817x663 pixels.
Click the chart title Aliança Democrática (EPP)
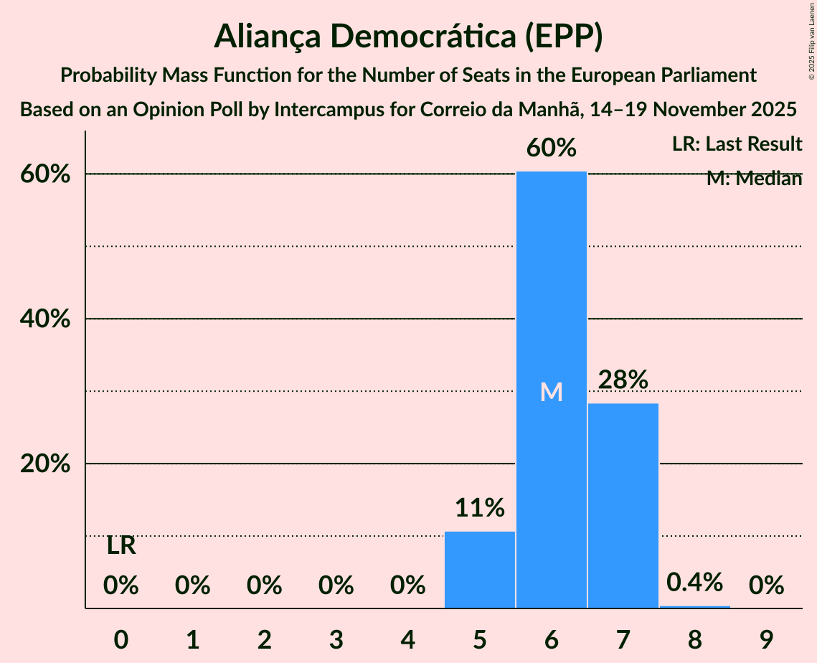408,37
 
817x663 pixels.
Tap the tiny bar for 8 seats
694,606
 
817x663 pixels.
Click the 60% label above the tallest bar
551,148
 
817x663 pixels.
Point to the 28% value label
623,380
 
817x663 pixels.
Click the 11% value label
480,508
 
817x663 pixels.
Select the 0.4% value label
694,582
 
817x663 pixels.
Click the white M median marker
551,392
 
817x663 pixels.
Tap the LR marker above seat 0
121,546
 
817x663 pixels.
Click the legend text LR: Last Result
737,144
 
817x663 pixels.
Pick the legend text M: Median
754,179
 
